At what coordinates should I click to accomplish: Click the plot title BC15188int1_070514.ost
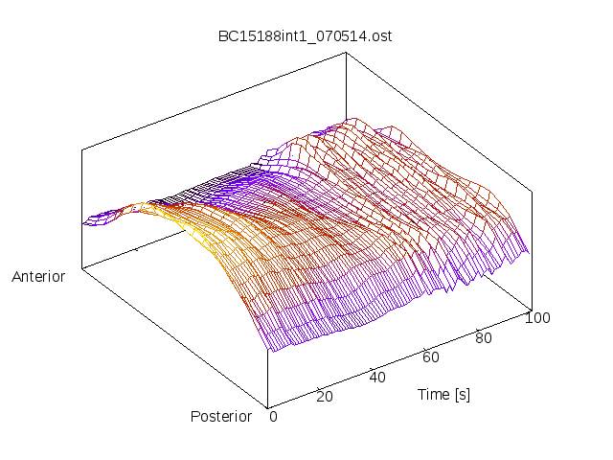coord(305,36)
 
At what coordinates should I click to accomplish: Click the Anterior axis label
coord(38,277)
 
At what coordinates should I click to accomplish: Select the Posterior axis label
coord(221,416)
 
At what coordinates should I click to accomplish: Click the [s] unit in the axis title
coord(462,394)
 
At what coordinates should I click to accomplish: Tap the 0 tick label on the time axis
coord(273,416)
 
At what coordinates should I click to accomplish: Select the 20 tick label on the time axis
coord(325,397)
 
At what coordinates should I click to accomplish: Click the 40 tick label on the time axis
coord(377,377)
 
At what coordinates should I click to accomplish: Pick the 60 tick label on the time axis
coord(431,357)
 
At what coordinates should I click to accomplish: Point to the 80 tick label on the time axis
coord(483,337)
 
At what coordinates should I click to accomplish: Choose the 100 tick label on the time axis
coord(537,318)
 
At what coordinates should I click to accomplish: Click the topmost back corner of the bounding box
coord(345,53)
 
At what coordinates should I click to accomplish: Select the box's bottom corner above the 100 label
coord(530,309)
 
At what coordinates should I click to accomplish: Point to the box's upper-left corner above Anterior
coord(81,149)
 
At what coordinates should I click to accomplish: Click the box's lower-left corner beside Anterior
coord(81,268)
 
